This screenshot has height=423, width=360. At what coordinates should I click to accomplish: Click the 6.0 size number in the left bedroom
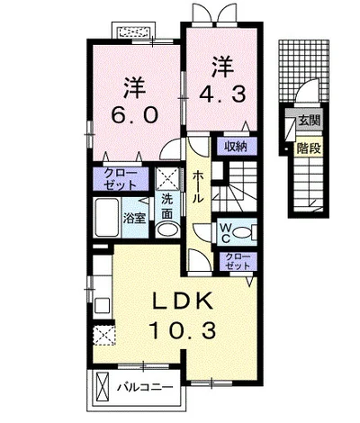[135, 115]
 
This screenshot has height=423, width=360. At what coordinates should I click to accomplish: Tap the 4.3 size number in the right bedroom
[223, 94]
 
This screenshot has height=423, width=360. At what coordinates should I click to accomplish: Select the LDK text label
[184, 301]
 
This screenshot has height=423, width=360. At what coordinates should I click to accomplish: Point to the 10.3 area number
[184, 330]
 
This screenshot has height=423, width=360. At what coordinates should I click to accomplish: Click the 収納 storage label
[236, 147]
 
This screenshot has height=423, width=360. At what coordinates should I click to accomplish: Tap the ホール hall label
[198, 186]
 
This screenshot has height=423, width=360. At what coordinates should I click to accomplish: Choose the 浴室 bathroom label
[135, 219]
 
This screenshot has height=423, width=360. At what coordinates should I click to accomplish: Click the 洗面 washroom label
[167, 206]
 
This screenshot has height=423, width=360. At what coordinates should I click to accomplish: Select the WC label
[225, 232]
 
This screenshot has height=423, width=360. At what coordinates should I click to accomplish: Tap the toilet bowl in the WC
[243, 232]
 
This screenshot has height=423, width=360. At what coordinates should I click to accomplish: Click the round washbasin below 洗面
[167, 230]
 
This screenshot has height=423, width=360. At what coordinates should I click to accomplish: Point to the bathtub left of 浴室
[106, 218]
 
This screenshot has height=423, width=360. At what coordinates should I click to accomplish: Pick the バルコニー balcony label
[145, 387]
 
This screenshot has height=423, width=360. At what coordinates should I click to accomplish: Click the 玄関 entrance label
[309, 121]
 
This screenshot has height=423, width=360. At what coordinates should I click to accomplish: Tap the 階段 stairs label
[309, 148]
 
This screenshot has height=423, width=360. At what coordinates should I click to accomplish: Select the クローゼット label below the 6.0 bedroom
[121, 179]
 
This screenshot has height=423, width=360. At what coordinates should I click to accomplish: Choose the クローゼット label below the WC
[238, 261]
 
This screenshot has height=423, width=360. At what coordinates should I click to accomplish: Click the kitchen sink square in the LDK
[103, 306]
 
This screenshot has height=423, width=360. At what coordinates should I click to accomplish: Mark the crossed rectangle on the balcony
[103, 387]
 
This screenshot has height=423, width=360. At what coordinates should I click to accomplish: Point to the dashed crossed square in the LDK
[103, 336]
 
